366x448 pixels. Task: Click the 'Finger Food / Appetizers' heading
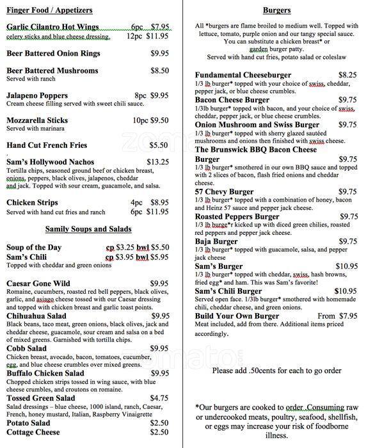click(x=49, y=10)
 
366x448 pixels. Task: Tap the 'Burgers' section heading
click(x=276, y=10)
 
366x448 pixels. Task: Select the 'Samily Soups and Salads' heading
click(x=88, y=228)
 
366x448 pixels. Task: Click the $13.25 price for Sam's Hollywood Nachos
click(x=157, y=162)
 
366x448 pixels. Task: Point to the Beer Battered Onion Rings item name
click(x=52, y=53)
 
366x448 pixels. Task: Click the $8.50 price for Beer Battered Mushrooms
click(x=159, y=70)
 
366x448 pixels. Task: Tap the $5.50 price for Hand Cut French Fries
click(x=159, y=145)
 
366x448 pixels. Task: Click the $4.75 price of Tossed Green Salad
click(x=159, y=397)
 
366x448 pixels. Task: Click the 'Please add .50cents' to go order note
click(x=276, y=370)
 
